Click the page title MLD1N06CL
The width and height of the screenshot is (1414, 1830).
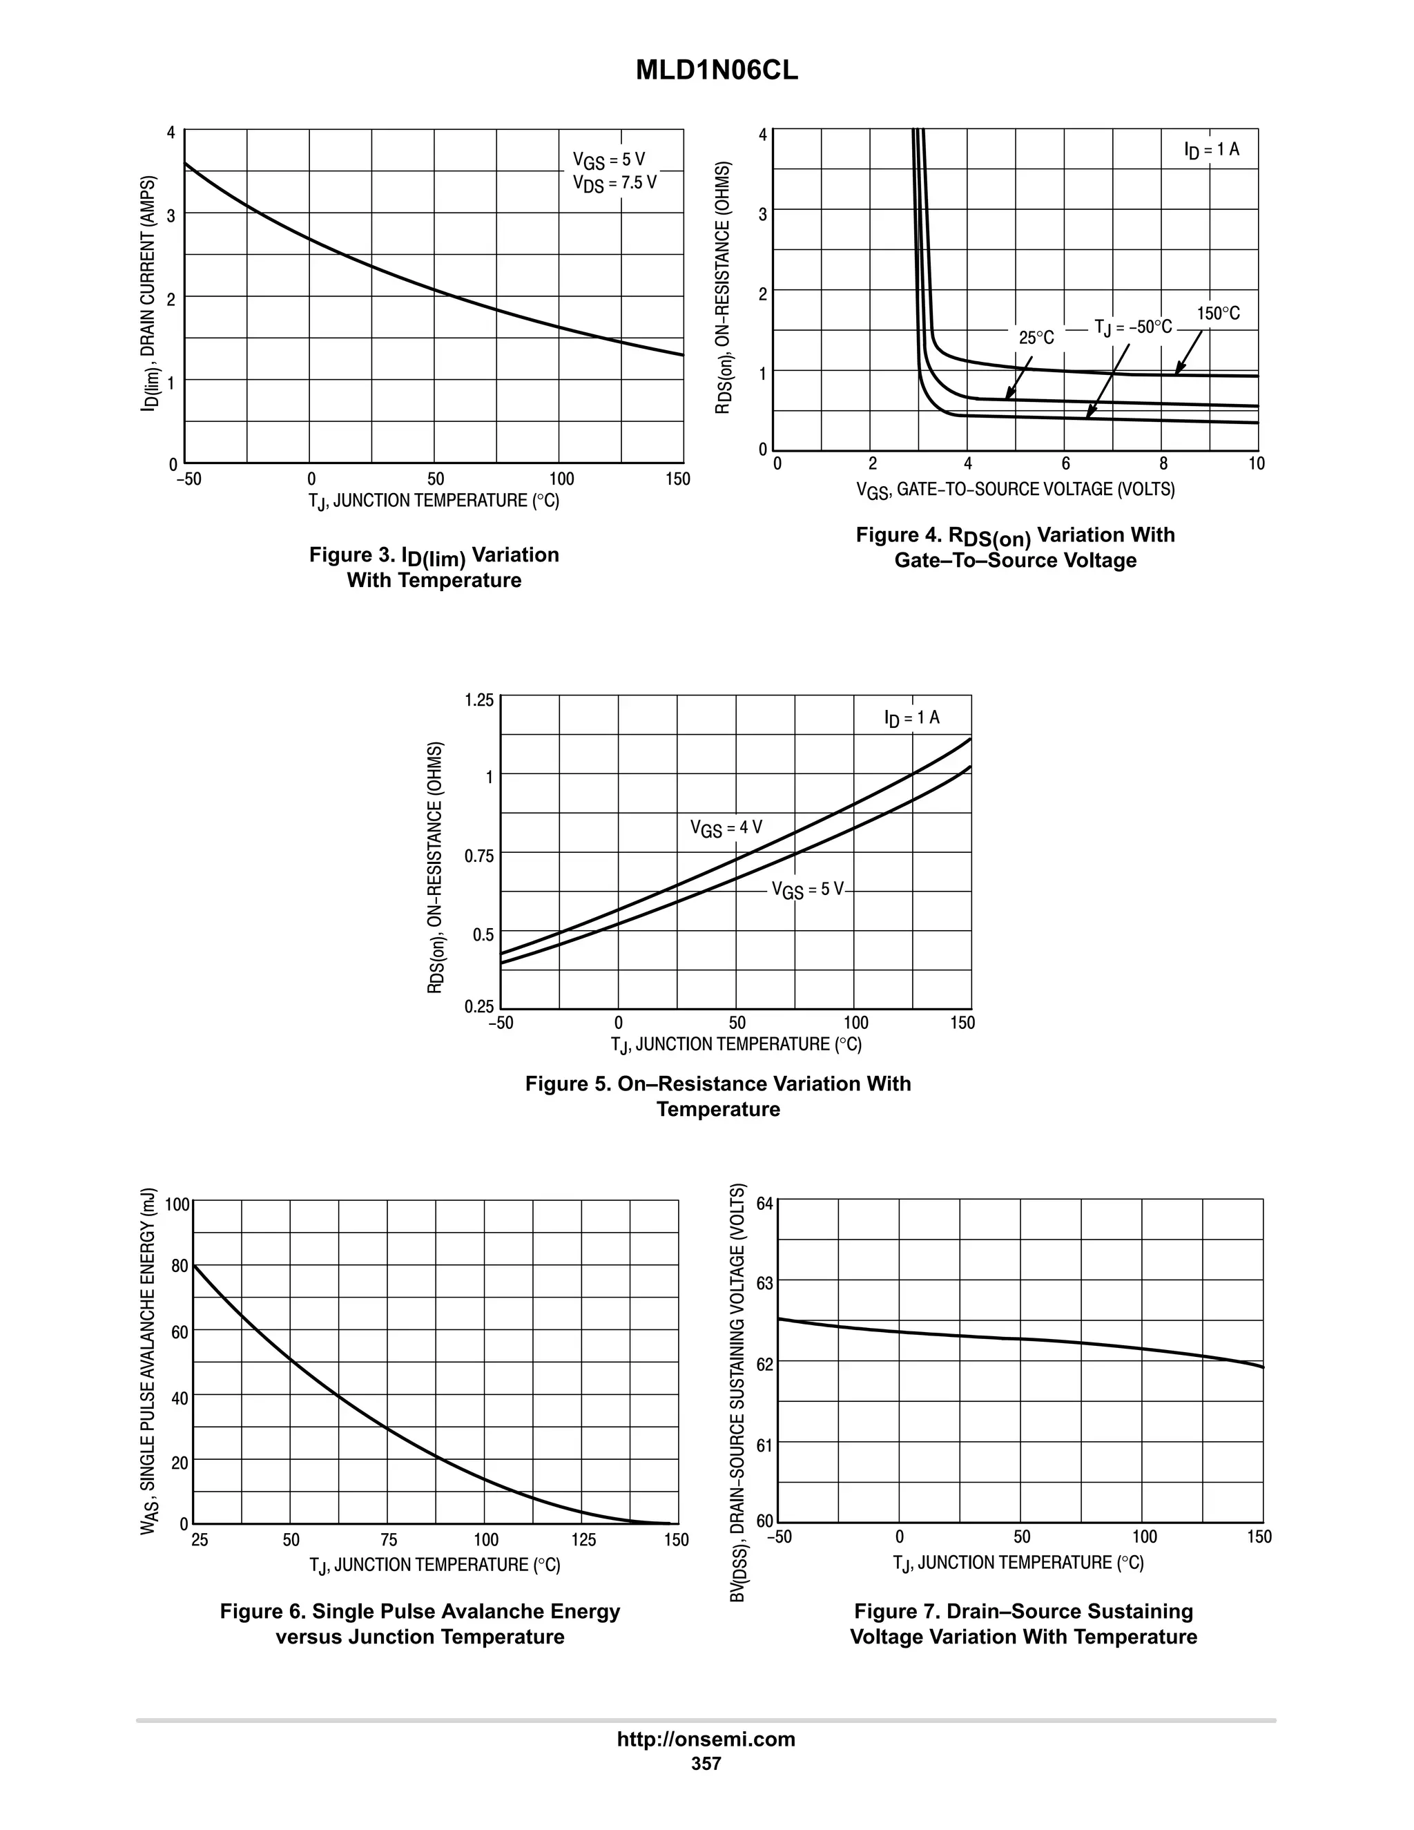[x=717, y=70]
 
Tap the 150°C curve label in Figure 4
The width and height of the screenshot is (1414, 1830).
[x=1218, y=314]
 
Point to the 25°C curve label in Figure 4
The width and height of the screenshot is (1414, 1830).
[x=1036, y=338]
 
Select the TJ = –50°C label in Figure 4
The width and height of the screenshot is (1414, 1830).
[x=1132, y=327]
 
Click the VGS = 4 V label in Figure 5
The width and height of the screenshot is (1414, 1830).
[x=726, y=828]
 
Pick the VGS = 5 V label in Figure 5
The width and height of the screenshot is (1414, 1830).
[x=808, y=890]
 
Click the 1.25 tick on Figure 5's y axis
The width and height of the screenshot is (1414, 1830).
[x=479, y=700]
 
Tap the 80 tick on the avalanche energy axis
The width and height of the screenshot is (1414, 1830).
[x=180, y=1266]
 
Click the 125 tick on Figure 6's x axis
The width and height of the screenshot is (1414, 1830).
[x=583, y=1540]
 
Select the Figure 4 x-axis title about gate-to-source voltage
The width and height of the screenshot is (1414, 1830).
[x=1015, y=490]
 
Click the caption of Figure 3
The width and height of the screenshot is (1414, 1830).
[x=434, y=567]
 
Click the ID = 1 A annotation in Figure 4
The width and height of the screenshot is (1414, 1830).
[x=1211, y=150]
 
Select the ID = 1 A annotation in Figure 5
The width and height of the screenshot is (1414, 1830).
[x=911, y=718]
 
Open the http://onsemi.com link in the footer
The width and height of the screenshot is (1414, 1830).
[x=706, y=1740]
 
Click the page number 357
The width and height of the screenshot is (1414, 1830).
[x=706, y=1764]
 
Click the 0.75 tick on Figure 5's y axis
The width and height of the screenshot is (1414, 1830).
[x=479, y=856]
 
